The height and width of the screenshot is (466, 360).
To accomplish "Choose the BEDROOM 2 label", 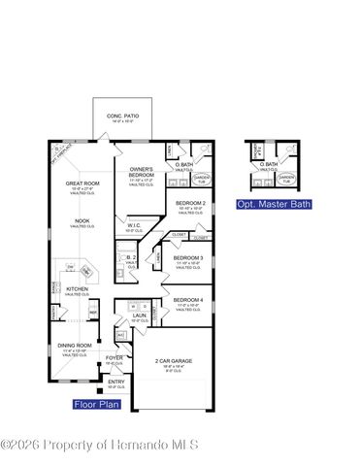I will point(189,202).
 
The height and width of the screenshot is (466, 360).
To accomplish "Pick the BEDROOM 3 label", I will point(187,257).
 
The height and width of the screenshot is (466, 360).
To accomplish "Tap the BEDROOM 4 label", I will point(187,300).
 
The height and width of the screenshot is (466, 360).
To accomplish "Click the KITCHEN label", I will point(78,288).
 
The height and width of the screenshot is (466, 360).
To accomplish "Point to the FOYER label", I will point(114,358).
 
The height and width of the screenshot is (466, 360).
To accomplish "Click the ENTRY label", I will point(116,383).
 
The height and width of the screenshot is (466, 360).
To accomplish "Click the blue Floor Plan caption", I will point(96,403).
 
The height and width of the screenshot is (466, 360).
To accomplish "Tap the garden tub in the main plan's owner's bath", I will point(201,178).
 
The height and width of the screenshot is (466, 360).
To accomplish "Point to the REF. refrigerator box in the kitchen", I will point(93,312).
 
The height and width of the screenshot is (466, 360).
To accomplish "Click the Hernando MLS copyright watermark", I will point(100,445).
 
